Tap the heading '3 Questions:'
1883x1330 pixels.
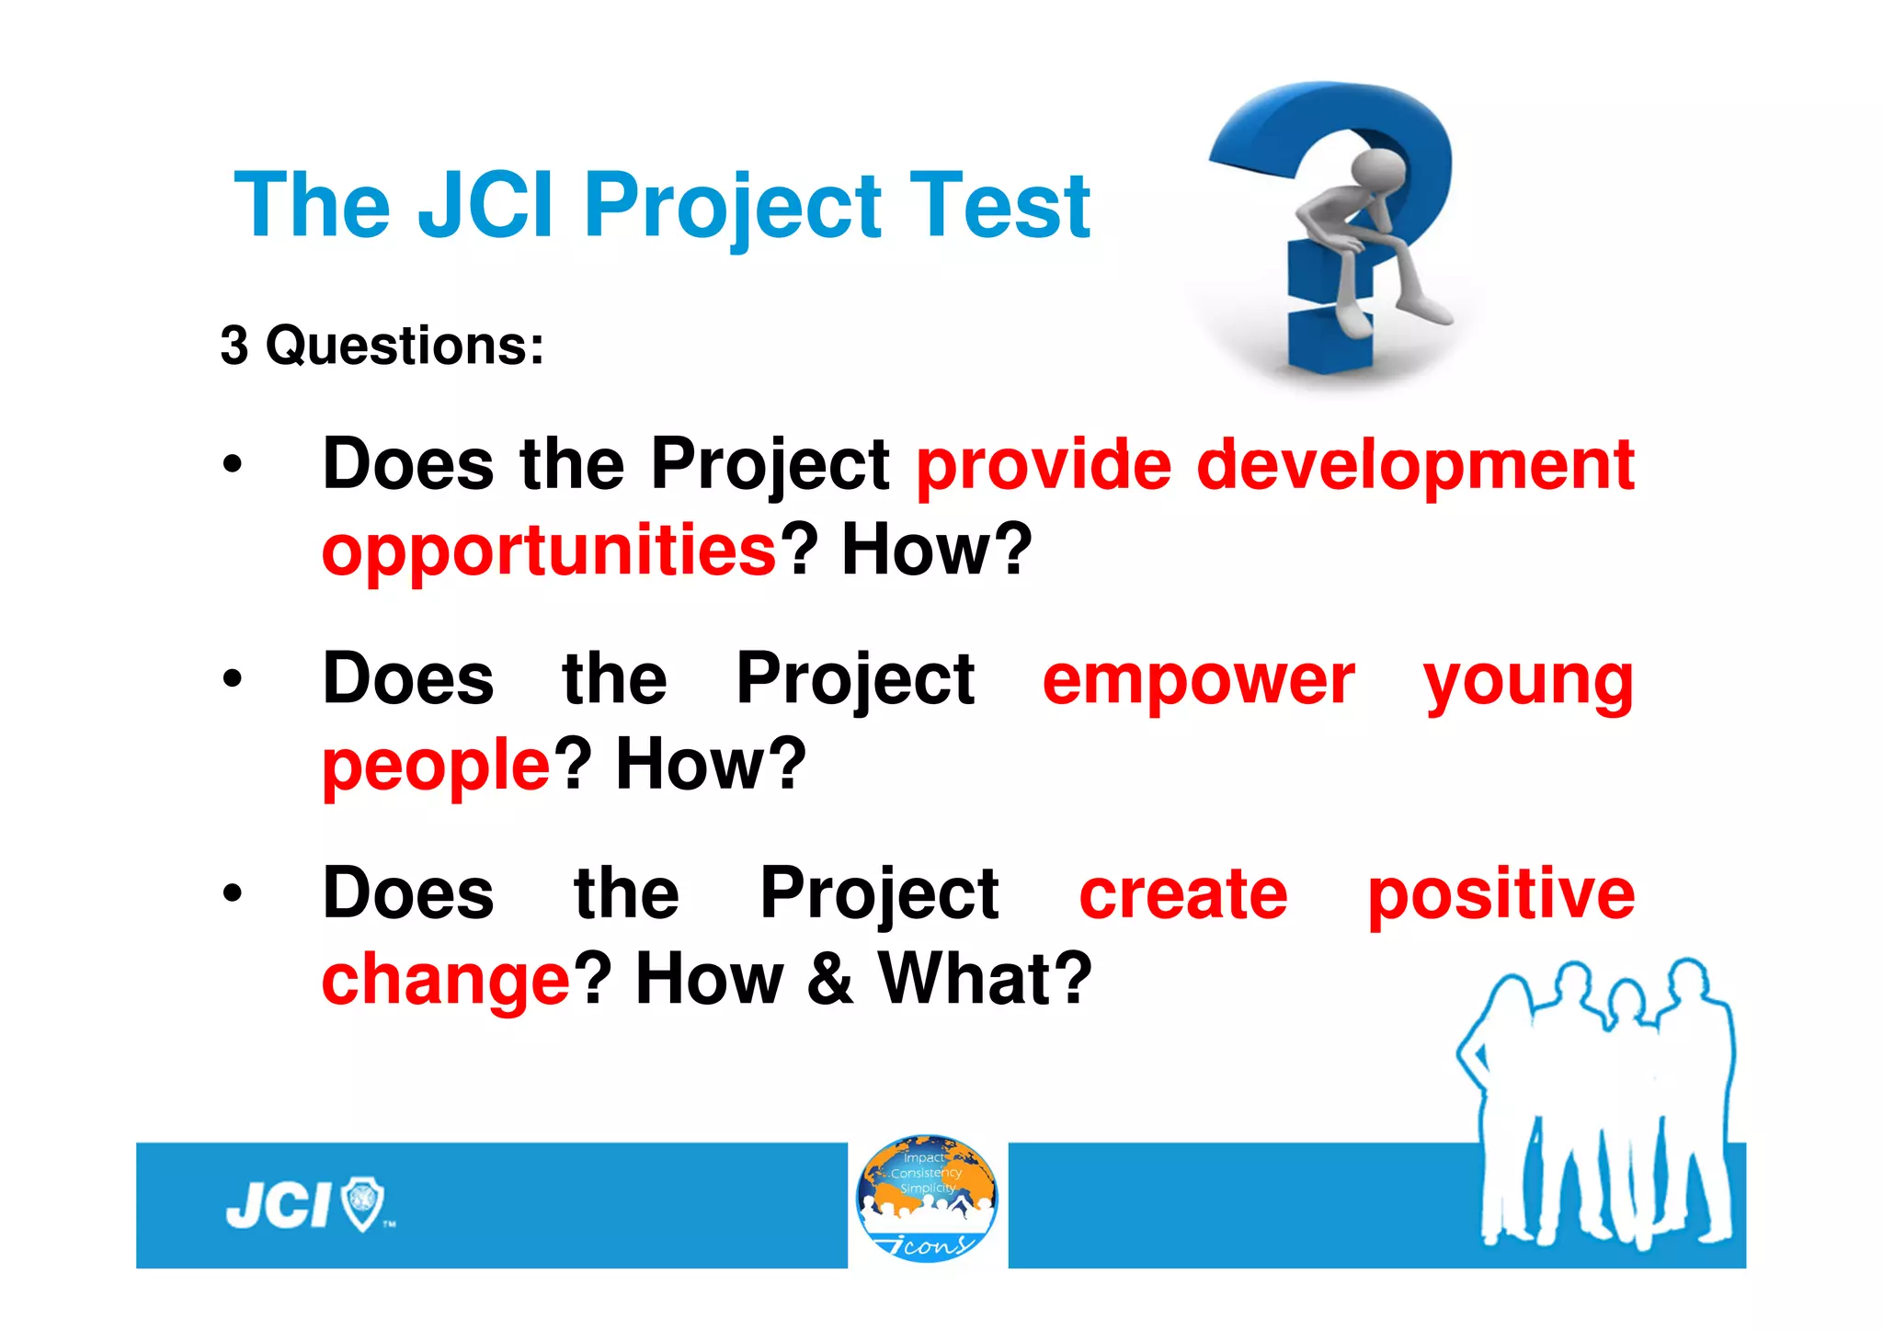pos(382,346)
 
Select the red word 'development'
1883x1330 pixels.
pos(1415,465)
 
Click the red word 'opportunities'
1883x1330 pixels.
pos(550,551)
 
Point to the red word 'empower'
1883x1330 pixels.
pos(1198,680)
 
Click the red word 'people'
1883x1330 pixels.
pos(436,766)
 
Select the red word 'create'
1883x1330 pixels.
pos(1183,894)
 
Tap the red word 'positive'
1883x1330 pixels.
pos(1501,894)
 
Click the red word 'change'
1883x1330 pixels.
pos(447,980)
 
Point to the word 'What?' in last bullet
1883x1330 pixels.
pos(985,978)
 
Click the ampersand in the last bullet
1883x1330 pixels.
pos(830,980)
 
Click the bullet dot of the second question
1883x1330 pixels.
pos(233,679)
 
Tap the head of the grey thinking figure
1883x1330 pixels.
pos(1378,170)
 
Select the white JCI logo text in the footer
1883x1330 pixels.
pos(279,1206)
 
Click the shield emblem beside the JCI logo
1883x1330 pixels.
pos(362,1205)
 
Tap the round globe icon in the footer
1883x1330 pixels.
pos(927,1198)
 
